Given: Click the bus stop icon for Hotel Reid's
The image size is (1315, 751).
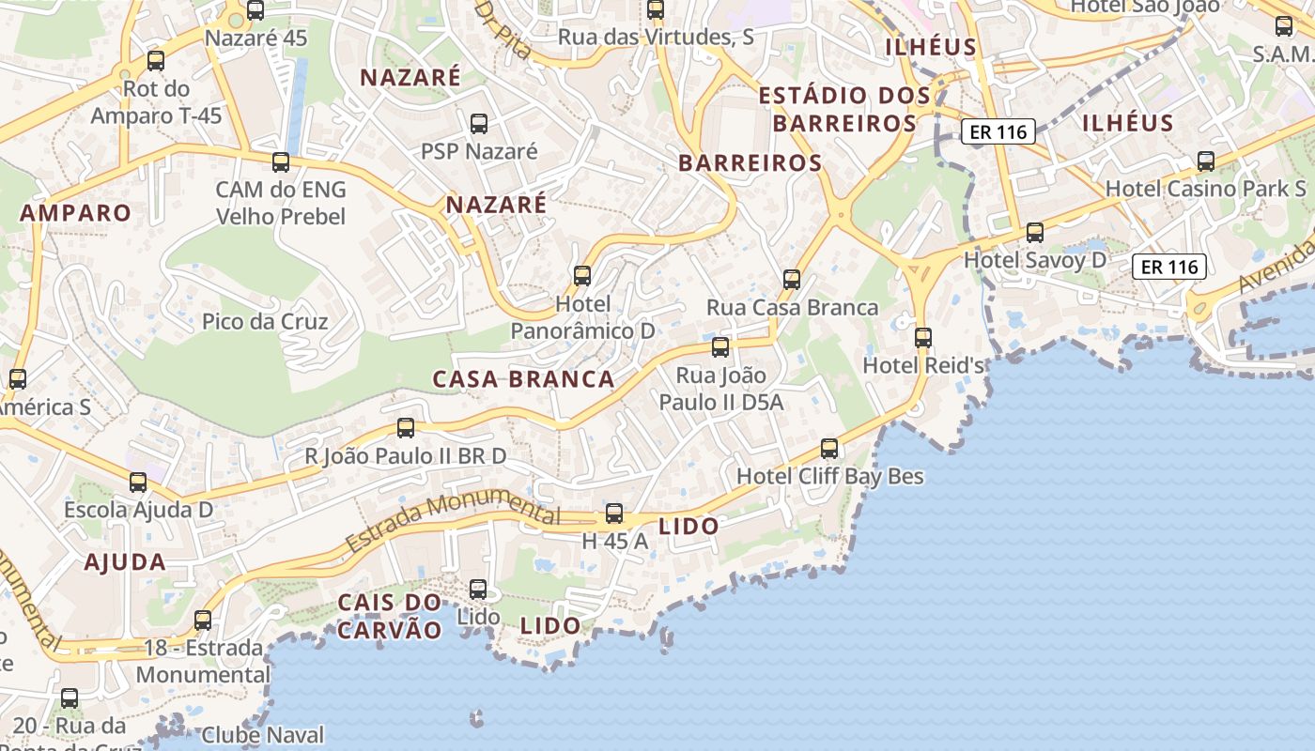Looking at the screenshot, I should tap(923, 337).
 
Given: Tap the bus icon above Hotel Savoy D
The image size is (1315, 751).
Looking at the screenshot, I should tap(1035, 232).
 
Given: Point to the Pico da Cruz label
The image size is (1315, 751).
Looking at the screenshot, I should tap(265, 322).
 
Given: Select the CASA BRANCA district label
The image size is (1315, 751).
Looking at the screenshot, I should tap(523, 379).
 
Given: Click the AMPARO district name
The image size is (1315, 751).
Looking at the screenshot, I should tap(76, 213).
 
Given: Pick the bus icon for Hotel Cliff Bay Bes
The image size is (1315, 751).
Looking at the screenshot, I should tap(829, 449).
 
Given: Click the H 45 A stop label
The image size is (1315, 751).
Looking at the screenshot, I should tap(615, 542).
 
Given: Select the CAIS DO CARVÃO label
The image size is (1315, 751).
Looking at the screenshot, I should tap(389, 616).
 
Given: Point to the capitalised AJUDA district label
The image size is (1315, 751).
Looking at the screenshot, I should tap(125, 562).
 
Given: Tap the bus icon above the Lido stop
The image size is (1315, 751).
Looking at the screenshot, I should tap(478, 590).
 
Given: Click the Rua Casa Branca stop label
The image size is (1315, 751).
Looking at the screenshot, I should tap(793, 307).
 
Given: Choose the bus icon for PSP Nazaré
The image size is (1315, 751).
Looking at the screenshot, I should tap(479, 123).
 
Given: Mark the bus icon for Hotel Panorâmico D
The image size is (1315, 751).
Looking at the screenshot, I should tap(582, 275).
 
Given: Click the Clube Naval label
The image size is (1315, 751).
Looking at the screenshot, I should tap(263, 735).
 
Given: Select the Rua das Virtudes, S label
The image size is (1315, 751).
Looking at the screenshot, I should tap(656, 38).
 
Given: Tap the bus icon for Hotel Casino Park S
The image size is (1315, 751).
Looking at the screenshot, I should tap(1206, 161).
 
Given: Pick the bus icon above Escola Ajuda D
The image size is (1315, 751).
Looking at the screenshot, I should tap(138, 483).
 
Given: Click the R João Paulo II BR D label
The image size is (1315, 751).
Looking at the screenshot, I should tap(406, 456).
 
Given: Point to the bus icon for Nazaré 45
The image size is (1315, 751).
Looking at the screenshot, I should tap(255, 11).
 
